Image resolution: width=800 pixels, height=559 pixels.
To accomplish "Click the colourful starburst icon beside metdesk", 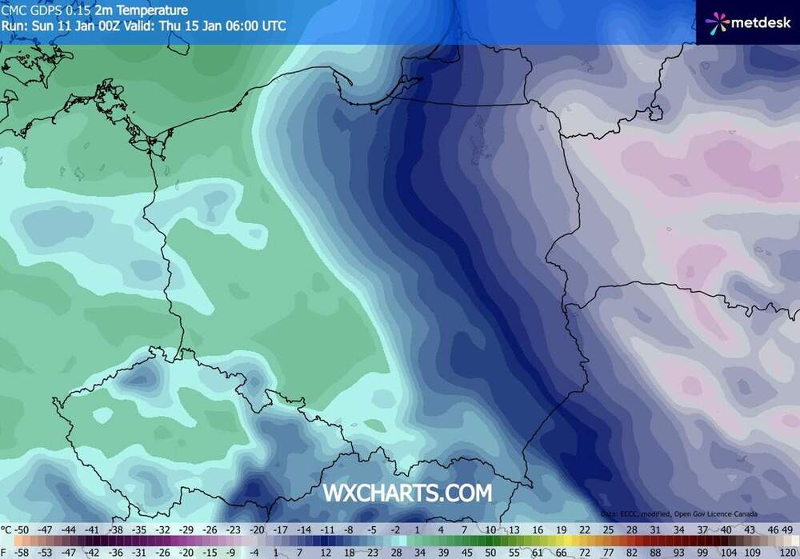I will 718,22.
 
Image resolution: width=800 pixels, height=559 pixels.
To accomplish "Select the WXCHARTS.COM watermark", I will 407,493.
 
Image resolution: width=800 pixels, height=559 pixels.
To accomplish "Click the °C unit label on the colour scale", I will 7,529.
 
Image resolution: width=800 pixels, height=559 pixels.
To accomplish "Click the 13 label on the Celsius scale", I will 514,529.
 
